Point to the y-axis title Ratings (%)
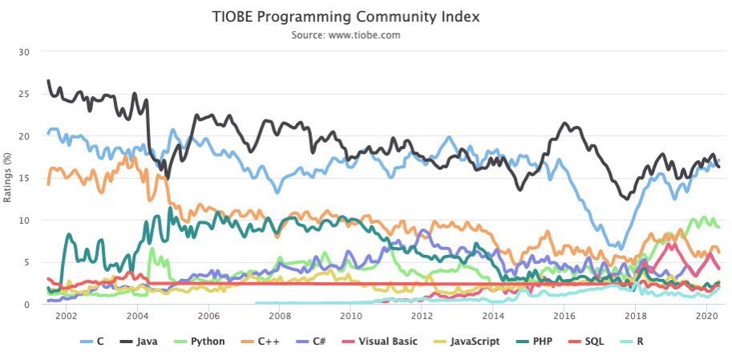click(x=7, y=178)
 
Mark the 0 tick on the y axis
click(x=26, y=305)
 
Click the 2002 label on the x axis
click(x=66, y=317)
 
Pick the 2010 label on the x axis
click(x=350, y=317)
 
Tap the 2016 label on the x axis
click(x=564, y=317)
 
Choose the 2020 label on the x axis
click(x=706, y=317)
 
